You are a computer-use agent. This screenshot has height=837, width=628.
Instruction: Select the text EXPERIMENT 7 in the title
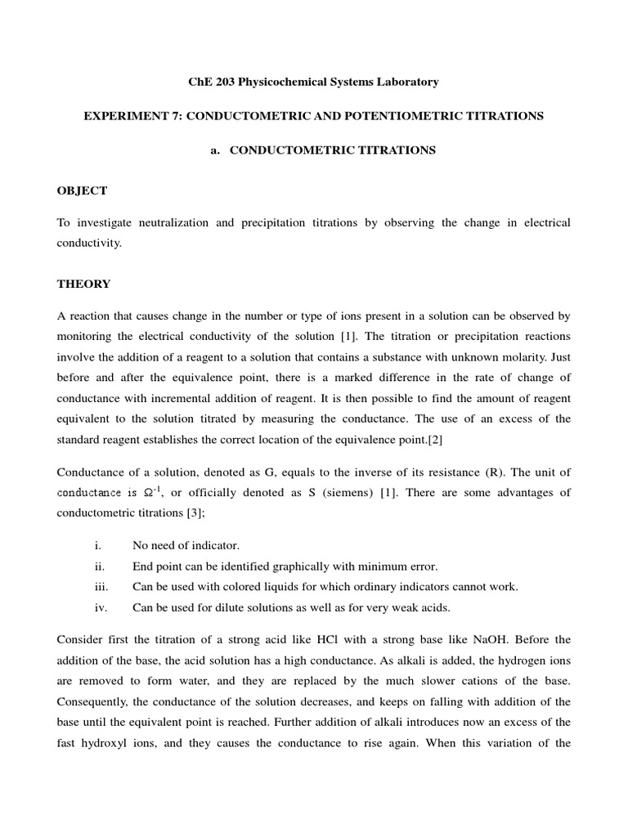click(x=131, y=116)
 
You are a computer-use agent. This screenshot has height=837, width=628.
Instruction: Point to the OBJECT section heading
click(x=82, y=190)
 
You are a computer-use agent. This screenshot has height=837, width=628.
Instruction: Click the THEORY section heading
click(x=83, y=284)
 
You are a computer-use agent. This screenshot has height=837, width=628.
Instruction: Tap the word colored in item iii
click(x=224, y=587)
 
